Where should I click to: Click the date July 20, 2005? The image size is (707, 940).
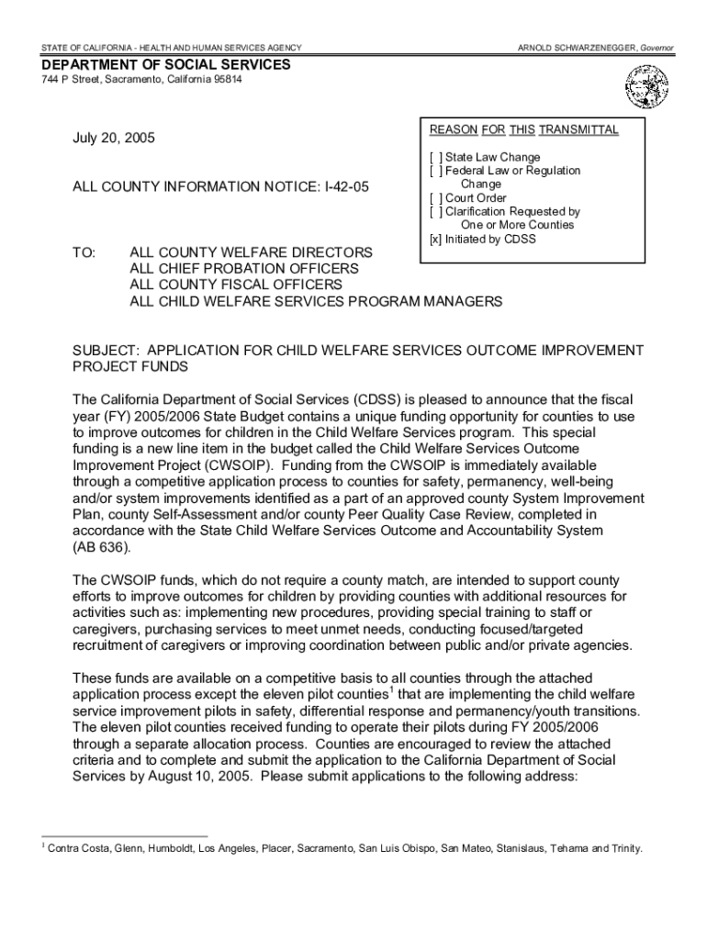pos(114,139)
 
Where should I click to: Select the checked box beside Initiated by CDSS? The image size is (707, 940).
pos(434,239)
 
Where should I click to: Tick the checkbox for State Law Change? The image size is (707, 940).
pos(434,157)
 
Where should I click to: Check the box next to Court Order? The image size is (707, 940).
pos(434,197)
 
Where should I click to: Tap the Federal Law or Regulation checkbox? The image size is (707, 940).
pos(434,171)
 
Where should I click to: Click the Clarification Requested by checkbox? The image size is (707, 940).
pos(434,211)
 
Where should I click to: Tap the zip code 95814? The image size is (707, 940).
pos(224,81)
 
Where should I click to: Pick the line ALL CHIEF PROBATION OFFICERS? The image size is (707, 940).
pos(243,268)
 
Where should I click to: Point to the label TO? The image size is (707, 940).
pos(84,252)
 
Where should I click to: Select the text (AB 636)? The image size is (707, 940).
pos(101,548)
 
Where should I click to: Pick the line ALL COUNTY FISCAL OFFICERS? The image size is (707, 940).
pos(236,285)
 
